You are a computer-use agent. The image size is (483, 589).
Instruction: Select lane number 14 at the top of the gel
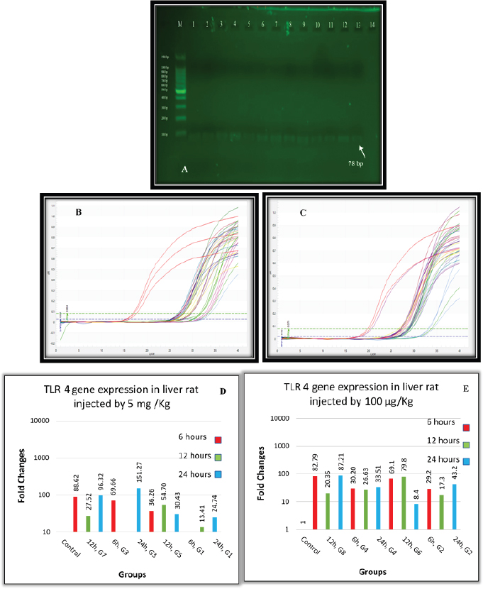tap(372, 25)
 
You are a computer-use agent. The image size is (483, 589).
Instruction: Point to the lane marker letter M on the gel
tap(179, 25)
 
